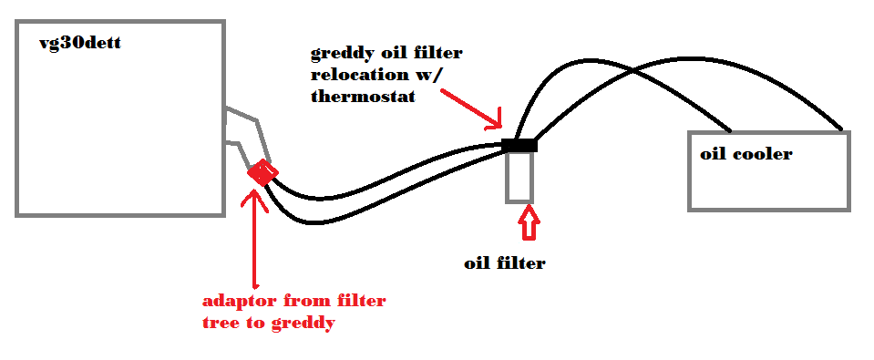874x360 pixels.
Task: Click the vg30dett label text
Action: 81,42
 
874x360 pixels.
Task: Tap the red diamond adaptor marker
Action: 262,171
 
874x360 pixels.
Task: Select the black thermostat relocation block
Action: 519,145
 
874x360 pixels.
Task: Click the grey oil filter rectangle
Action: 519,176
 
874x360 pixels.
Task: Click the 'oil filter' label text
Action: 504,263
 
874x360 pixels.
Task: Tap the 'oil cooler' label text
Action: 745,154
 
